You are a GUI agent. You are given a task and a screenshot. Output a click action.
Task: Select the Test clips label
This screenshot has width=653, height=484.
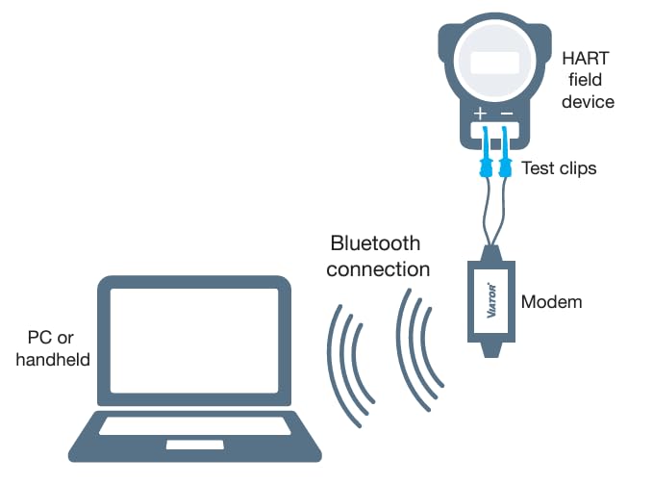559,168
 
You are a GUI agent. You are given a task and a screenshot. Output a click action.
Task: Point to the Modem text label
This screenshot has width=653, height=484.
551,302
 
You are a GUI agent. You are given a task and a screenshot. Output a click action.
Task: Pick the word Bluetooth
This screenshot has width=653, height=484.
375,243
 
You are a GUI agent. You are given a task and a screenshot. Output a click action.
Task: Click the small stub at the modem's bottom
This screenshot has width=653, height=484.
491,349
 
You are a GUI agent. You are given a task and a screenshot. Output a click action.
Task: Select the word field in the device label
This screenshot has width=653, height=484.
589,80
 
